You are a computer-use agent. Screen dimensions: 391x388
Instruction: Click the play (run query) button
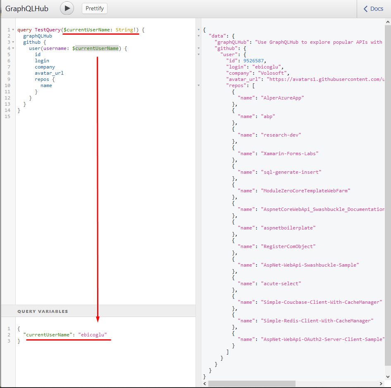click(67, 8)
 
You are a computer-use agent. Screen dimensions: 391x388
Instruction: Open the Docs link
click(373, 9)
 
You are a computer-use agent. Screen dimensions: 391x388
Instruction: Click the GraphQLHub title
click(27, 9)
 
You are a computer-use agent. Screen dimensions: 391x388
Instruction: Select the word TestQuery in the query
click(48, 30)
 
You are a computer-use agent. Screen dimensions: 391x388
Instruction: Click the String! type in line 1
click(126, 30)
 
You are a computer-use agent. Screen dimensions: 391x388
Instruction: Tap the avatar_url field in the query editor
click(49, 73)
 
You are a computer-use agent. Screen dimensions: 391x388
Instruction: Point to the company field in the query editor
click(45, 67)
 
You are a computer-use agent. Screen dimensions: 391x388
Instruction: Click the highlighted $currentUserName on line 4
click(95, 48)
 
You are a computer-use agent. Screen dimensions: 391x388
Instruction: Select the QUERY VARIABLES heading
click(43, 311)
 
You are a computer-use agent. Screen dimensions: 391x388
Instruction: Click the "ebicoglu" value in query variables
click(93, 335)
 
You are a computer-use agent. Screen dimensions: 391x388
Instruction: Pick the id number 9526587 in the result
click(254, 61)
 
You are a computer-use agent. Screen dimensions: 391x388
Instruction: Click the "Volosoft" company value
click(272, 73)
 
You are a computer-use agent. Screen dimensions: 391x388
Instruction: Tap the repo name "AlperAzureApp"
click(283, 98)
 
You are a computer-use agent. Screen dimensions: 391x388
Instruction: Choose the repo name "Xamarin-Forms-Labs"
click(290, 154)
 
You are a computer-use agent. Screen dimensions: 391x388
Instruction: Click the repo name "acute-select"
click(281, 284)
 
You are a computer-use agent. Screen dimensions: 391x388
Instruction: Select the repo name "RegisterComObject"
click(288, 246)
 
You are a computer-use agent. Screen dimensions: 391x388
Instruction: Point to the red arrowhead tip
click(98, 322)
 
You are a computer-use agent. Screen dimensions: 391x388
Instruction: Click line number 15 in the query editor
click(7, 116)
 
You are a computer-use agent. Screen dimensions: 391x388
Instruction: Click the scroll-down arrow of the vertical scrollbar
click(388, 376)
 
